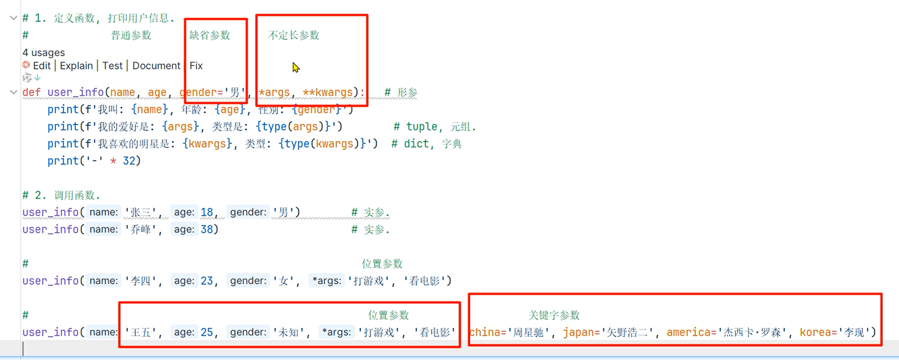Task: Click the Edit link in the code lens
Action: pyautogui.click(x=42, y=66)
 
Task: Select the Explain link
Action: pyautogui.click(x=76, y=66)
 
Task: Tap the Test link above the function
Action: pyautogui.click(x=112, y=66)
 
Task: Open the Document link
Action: pyautogui.click(x=156, y=66)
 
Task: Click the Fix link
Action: pyautogui.click(x=196, y=66)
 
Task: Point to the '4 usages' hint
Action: pyautogui.click(x=44, y=53)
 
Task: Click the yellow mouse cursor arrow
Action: pyautogui.click(x=296, y=67)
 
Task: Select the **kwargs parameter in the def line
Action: pyautogui.click(x=328, y=93)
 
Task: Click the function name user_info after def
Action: pyautogui.click(x=75, y=93)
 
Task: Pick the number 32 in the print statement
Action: pyautogui.click(x=129, y=161)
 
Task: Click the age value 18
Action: pyautogui.click(x=207, y=212)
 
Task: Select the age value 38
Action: pyautogui.click(x=207, y=229)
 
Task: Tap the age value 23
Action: pyautogui.click(x=207, y=281)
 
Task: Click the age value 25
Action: pyautogui.click(x=207, y=332)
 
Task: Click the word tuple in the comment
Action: pyautogui.click(x=422, y=127)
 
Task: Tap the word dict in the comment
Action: pyautogui.click(x=416, y=144)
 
